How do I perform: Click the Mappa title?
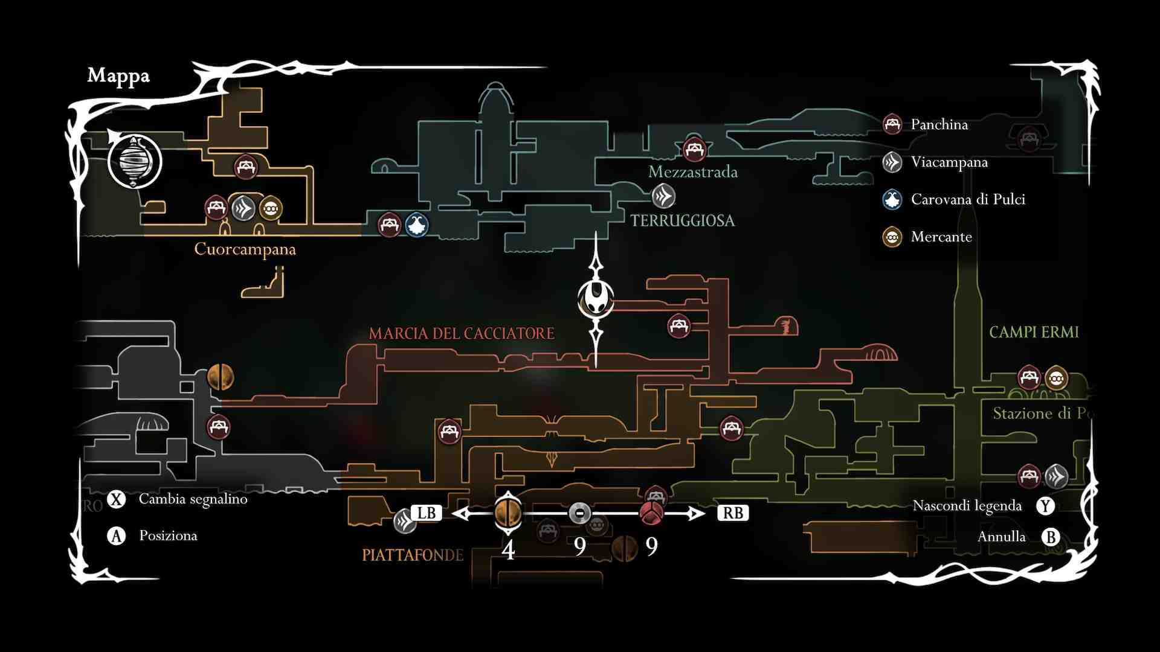point(118,76)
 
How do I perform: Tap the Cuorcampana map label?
point(245,249)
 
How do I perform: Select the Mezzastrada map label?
point(693,172)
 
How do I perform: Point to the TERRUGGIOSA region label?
point(683,221)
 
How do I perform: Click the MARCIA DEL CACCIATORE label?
point(462,333)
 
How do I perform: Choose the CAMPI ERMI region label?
point(1034,332)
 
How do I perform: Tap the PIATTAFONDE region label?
point(413,555)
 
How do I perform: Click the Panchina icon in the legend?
point(892,124)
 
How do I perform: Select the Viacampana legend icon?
point(892,162)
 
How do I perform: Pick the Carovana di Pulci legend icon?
point(892,199)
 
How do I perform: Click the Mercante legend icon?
point(892,237)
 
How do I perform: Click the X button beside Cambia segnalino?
point(116,499)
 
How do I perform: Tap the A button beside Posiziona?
point(116,536)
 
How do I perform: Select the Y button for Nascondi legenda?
point(1045,506)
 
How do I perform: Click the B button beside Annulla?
point(1051,537)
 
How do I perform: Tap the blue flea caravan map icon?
point(417,225)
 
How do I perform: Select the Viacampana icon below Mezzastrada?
point(663,196)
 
